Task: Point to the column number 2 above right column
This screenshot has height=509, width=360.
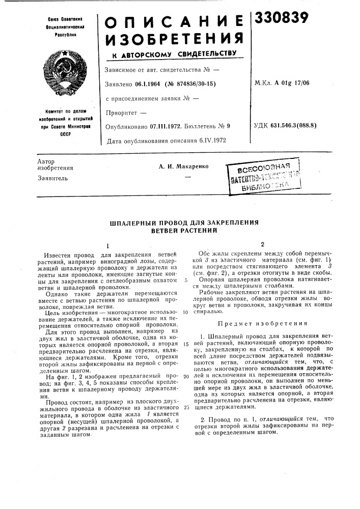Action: click(x=262, y=244)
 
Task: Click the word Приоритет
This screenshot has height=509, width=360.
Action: click(x=121, y=111)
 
